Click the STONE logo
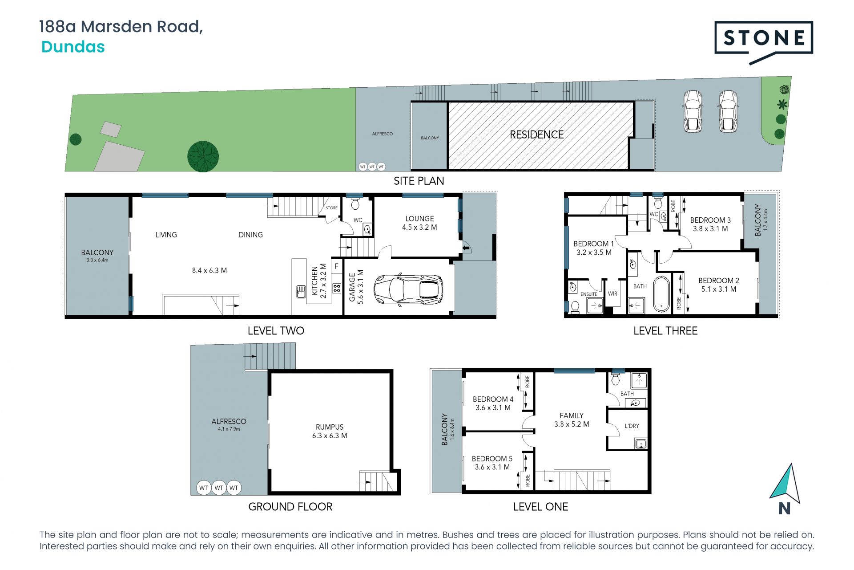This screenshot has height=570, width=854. coord(764,42)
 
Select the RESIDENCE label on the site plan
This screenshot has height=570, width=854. coord(536,134)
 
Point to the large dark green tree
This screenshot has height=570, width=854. coord(203,156)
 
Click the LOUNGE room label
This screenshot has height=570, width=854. coord(419,219)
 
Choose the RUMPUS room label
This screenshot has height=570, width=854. coord(330,427)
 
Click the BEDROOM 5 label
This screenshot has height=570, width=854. coord(492,459)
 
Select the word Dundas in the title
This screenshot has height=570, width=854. coord(73,47)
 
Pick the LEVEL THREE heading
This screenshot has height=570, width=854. coord(665,331)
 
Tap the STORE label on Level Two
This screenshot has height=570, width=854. coord(331,208)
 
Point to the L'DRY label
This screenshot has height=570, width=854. coord(632,426)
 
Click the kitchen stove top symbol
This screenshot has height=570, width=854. coord(337,288)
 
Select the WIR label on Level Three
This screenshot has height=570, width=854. coord(612,294)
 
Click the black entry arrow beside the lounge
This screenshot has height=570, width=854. coord(466,248)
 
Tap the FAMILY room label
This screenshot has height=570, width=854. coord(572,415)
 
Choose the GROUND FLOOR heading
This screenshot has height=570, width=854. coord(290,507)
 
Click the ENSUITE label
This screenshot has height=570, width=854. coord(589,294)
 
